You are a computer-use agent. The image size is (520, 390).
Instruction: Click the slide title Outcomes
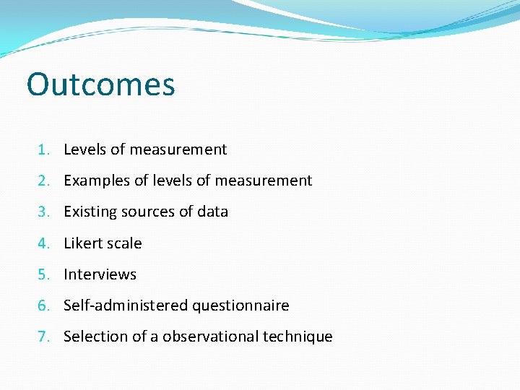click(x=100, y=84)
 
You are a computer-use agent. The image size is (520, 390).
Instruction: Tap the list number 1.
click(x=43, y=149)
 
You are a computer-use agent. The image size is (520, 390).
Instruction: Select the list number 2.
click(x=43, y=181)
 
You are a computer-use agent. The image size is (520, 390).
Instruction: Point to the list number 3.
click(x=43, y=212)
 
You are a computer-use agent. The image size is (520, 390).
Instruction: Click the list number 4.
click(x=43, y=243)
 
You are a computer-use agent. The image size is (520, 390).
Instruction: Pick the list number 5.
click(x=43, y=274)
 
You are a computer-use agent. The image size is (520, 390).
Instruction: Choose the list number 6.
click(x=43, y=305)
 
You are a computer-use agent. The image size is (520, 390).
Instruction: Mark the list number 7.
click(x=43, y=337)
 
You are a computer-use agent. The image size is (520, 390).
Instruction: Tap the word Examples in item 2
click(x=97, y=181)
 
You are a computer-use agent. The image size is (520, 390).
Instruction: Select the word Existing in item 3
click(x=90, y=212)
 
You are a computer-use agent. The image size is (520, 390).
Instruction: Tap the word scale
click(x=125, y=243)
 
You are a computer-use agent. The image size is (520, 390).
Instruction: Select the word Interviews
click(x=100, y=274)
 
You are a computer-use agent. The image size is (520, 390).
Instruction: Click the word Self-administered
click(x=126, y=305)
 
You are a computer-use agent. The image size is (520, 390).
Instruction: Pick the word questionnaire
click(x=240, y=305)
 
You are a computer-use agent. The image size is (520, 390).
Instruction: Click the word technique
click(x=299, y=337)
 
